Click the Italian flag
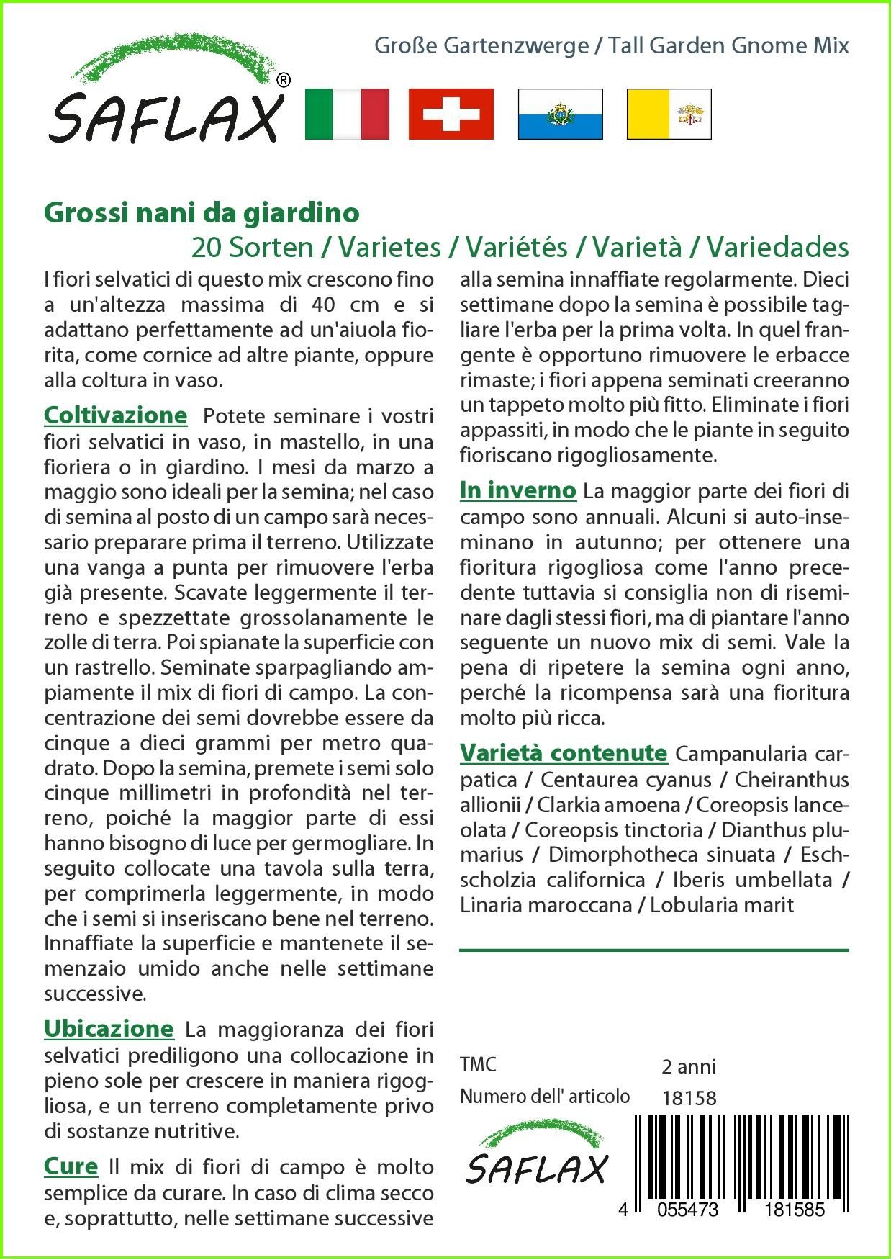click(347, 114)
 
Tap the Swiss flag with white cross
click(451, 114)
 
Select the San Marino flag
click(560, 114)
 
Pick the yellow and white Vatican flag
click(669, 114)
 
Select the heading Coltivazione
click(116, 415)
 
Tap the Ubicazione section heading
click(109, 1028)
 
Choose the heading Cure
click(71, 1166)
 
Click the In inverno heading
click(518, 490)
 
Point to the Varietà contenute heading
click(564, 753)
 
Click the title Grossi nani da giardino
click(202, 212)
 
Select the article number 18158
click(689, 1098)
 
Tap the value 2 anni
click(689, 1066)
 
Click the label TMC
click(478, 1065)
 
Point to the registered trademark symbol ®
click(284, 81)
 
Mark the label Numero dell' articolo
click(545, 1097)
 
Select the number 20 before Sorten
click(207, 248)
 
